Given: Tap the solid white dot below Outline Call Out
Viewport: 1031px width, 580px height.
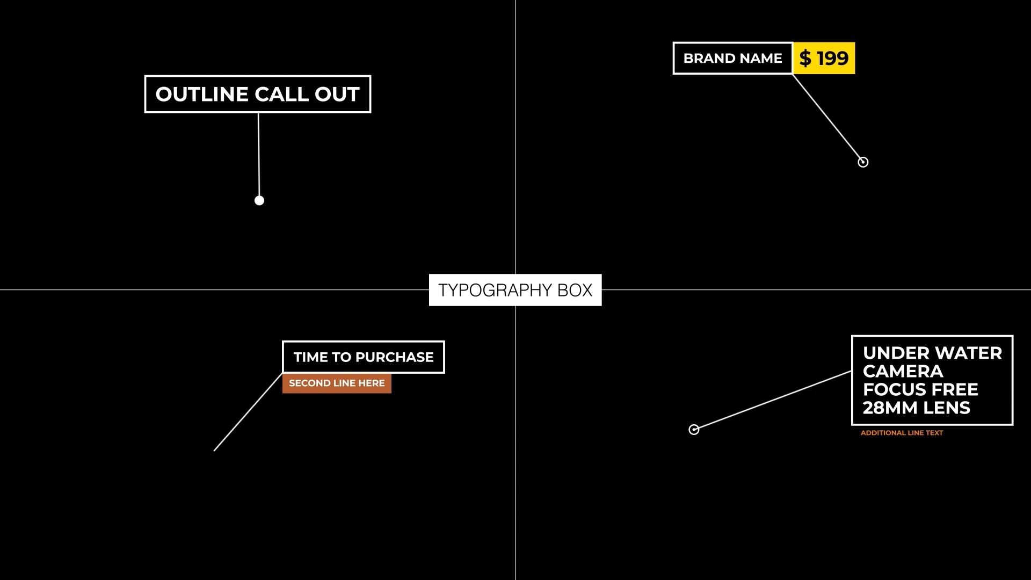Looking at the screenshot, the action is pos(259,200).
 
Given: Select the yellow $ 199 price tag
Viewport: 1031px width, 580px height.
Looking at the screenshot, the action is pos(824,58).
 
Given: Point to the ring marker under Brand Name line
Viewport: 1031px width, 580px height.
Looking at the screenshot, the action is pos(863,162).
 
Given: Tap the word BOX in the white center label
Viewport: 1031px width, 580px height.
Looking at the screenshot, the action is pos(575,290).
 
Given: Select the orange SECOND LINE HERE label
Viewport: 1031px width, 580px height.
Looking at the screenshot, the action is pos(337,383).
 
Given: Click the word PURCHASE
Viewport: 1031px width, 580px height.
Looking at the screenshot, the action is pos(394,357).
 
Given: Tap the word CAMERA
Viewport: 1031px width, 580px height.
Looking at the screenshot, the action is pos(903,372).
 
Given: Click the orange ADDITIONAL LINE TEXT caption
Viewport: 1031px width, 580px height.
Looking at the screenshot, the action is pos(902,433).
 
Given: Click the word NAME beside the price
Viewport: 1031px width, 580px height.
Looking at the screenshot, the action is pos(760,58).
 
